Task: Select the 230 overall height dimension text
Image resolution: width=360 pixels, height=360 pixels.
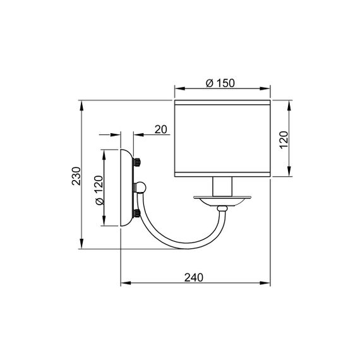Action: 76,175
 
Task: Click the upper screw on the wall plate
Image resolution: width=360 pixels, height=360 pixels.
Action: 136,163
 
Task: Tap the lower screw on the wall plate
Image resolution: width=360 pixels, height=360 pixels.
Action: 136,213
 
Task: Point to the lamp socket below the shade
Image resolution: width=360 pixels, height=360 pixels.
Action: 222,187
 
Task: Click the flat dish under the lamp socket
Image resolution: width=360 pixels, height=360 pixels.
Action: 222,201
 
